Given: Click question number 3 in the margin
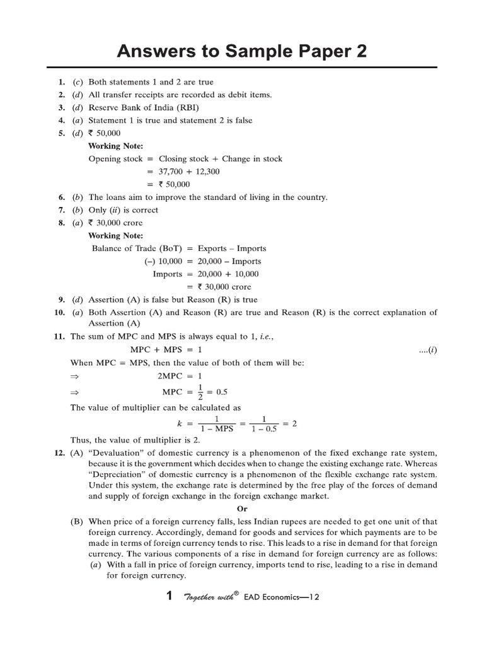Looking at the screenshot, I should (61, 107).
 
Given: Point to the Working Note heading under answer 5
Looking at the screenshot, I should (115, 146).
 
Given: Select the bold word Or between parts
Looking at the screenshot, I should (242, 508).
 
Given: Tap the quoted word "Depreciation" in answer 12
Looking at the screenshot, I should (118, 474).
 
